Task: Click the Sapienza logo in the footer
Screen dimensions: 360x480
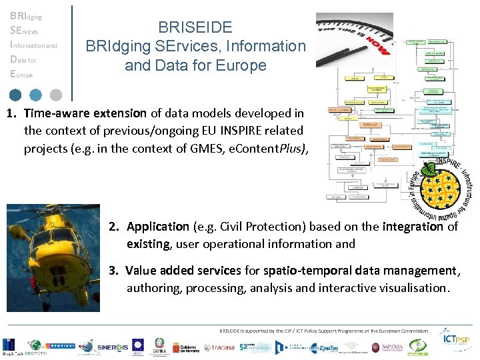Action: tap(385, 347)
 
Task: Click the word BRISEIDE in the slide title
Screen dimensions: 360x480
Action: tap(195, 27)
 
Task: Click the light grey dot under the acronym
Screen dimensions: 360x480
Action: tap(56, 95)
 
